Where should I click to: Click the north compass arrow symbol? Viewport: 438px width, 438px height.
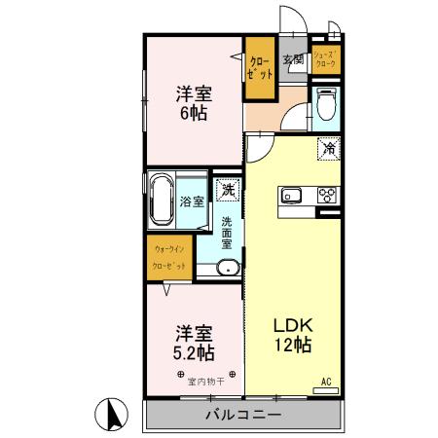click(113, 416)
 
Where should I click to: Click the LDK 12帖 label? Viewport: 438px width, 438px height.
click(290, 333)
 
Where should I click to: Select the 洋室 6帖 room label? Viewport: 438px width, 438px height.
click(193, 103)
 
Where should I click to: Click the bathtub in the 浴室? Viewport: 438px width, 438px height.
click(162, 201)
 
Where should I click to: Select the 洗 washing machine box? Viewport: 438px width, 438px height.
click(227, 191)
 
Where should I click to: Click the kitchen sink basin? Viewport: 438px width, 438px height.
click(293, 195)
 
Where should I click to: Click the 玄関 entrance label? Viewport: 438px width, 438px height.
click(293, 60)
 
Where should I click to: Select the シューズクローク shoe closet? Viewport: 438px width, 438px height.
click(325, 60)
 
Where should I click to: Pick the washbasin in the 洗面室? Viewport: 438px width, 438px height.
click(227, 268)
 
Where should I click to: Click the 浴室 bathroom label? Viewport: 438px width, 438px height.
click(192, 201)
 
